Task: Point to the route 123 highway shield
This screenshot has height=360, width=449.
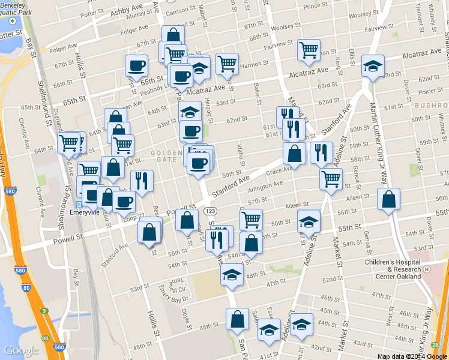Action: [211, 212]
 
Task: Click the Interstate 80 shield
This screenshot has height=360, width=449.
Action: [26, 289]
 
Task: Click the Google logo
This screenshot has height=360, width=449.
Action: [21, 350]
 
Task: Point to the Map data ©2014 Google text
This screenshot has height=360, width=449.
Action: [411, 356]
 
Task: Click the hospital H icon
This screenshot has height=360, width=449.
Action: [427, 269]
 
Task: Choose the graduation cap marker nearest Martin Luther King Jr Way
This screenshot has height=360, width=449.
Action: [373, 67]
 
